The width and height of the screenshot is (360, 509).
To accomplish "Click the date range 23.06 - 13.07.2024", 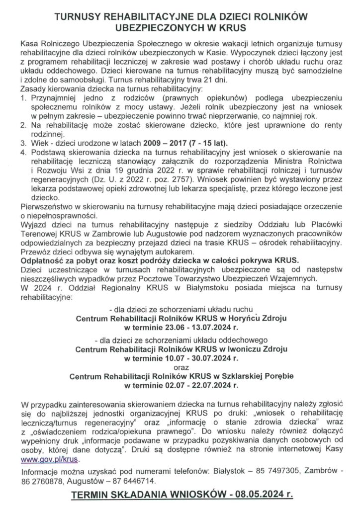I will point(197,328).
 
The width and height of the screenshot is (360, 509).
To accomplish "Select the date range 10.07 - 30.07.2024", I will point(197,358).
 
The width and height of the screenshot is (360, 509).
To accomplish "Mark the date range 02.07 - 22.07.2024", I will point(197,386).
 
